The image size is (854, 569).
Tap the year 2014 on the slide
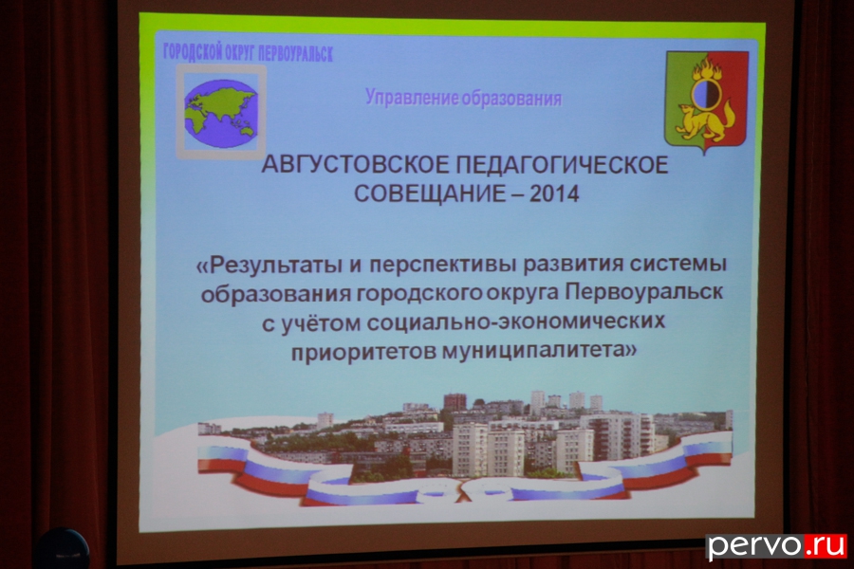[x=554, y=193]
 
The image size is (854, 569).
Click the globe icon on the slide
[x=220, y=113]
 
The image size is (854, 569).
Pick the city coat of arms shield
[x=706, y=101]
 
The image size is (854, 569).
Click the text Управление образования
[x=463, y=99]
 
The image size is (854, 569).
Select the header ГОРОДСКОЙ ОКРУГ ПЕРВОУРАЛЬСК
[x=248, y=53]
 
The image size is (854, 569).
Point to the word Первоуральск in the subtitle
[x=643, y=292]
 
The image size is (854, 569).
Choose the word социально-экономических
[x=516, y=321]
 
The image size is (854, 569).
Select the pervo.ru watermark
[x=776, y=545]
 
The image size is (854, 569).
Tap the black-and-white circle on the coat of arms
[x=706, y=94]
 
